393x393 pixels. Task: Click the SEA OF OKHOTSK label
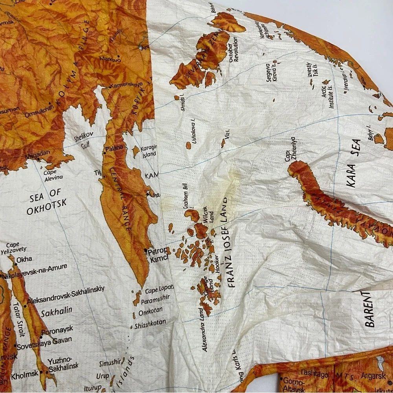[x=46, y=201]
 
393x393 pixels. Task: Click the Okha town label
[x=24, y=259]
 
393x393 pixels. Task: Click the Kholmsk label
[x=24, y=375]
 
